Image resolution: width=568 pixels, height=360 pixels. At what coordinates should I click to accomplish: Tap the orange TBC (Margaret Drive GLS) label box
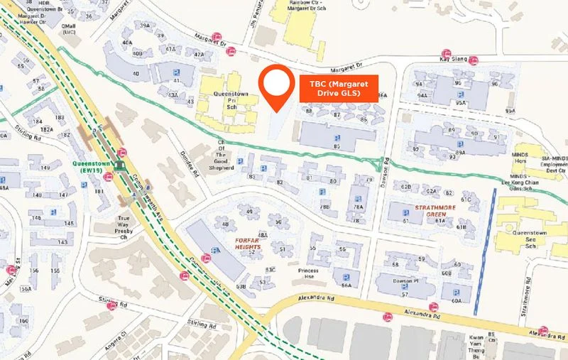(x=340, y=88)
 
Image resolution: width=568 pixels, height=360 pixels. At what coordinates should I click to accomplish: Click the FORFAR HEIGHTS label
(x=253, y=243)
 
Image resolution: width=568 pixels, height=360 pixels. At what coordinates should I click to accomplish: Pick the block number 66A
(x=346, y=285)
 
